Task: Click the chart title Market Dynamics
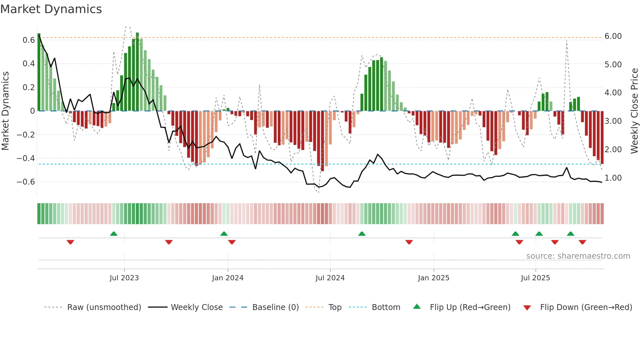pyautogui.click(x=51, y=9)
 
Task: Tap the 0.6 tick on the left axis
pyautogui.click(x=28, y=40)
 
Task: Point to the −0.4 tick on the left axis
pyautogui.click(x=26, y=158)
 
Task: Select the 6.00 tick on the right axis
pyautogui.click(x=613, y=36)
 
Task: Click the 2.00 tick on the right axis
pyautogui.click(x=613, y=150)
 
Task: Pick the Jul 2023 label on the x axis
pyautogui.click(x=124, y=278)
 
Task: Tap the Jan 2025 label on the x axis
pyautogui.click(x=433, y=278)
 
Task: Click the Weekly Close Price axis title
pyautogui.click(x=634, y=111)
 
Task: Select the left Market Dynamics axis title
pyautogui.click(x=6, y=111)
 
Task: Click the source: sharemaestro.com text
pyautogui.click(x=578, y=256)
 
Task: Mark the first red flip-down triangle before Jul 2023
pyautogui.click(x=70, y=242)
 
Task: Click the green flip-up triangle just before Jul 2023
pyautogui.click(x=114, y=234)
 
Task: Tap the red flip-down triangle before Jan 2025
pyautogui.click(x=409, y=242)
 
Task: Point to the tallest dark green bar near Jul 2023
pyautogui.click(x=137, y=72)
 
